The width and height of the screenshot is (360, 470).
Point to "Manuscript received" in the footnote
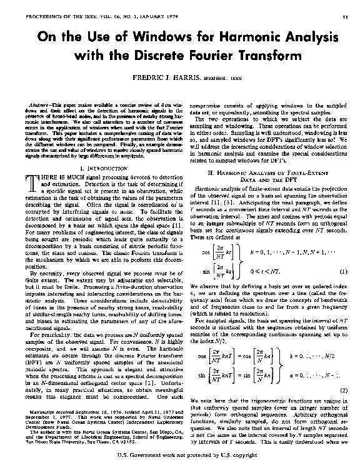pos(49,412)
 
